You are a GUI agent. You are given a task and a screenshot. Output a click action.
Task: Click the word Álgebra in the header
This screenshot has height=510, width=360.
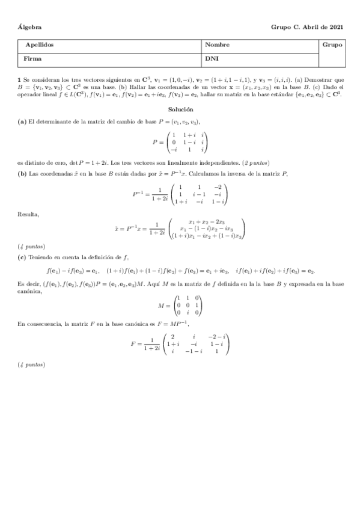point(29,27)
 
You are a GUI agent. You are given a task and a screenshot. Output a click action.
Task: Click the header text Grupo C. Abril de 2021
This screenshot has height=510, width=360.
point(307,27)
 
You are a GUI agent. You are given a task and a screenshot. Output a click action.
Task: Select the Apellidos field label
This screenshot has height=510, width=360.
point(39,45)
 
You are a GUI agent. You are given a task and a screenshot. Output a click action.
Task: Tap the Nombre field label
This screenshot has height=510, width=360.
point(217,45)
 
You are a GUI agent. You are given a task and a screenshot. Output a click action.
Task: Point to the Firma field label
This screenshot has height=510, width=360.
point(33,59)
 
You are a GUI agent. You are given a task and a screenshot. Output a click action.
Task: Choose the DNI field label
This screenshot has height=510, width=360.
point(212,59)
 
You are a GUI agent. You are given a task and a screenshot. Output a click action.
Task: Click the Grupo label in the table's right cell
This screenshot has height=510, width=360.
point(332,45)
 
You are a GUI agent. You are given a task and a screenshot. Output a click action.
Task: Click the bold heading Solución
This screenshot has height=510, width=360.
point(181,109)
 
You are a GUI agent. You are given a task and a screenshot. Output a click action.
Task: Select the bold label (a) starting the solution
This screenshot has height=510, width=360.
point(22,121)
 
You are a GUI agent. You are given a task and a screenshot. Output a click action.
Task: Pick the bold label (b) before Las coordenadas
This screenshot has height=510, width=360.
point(22,174)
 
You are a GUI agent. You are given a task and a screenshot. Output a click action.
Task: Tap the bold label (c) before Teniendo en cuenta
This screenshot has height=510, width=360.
point(22,257)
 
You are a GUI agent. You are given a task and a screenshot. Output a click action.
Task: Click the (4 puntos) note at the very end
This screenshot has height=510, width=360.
point(31,364)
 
